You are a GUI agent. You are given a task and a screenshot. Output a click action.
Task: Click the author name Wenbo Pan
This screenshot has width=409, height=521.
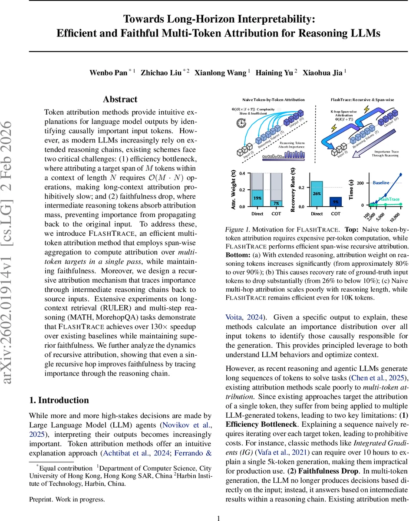[x=108, y=73]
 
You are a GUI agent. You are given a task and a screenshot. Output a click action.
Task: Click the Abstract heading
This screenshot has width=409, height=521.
[x=120, y=99]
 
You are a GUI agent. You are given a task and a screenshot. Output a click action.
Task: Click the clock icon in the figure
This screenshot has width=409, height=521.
[x=240, y=123]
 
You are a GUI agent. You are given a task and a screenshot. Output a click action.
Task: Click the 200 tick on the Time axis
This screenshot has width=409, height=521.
[x=359, y=183]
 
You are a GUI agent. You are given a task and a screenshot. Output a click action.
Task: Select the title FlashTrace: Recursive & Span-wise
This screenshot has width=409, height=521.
[x=363, y=100]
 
